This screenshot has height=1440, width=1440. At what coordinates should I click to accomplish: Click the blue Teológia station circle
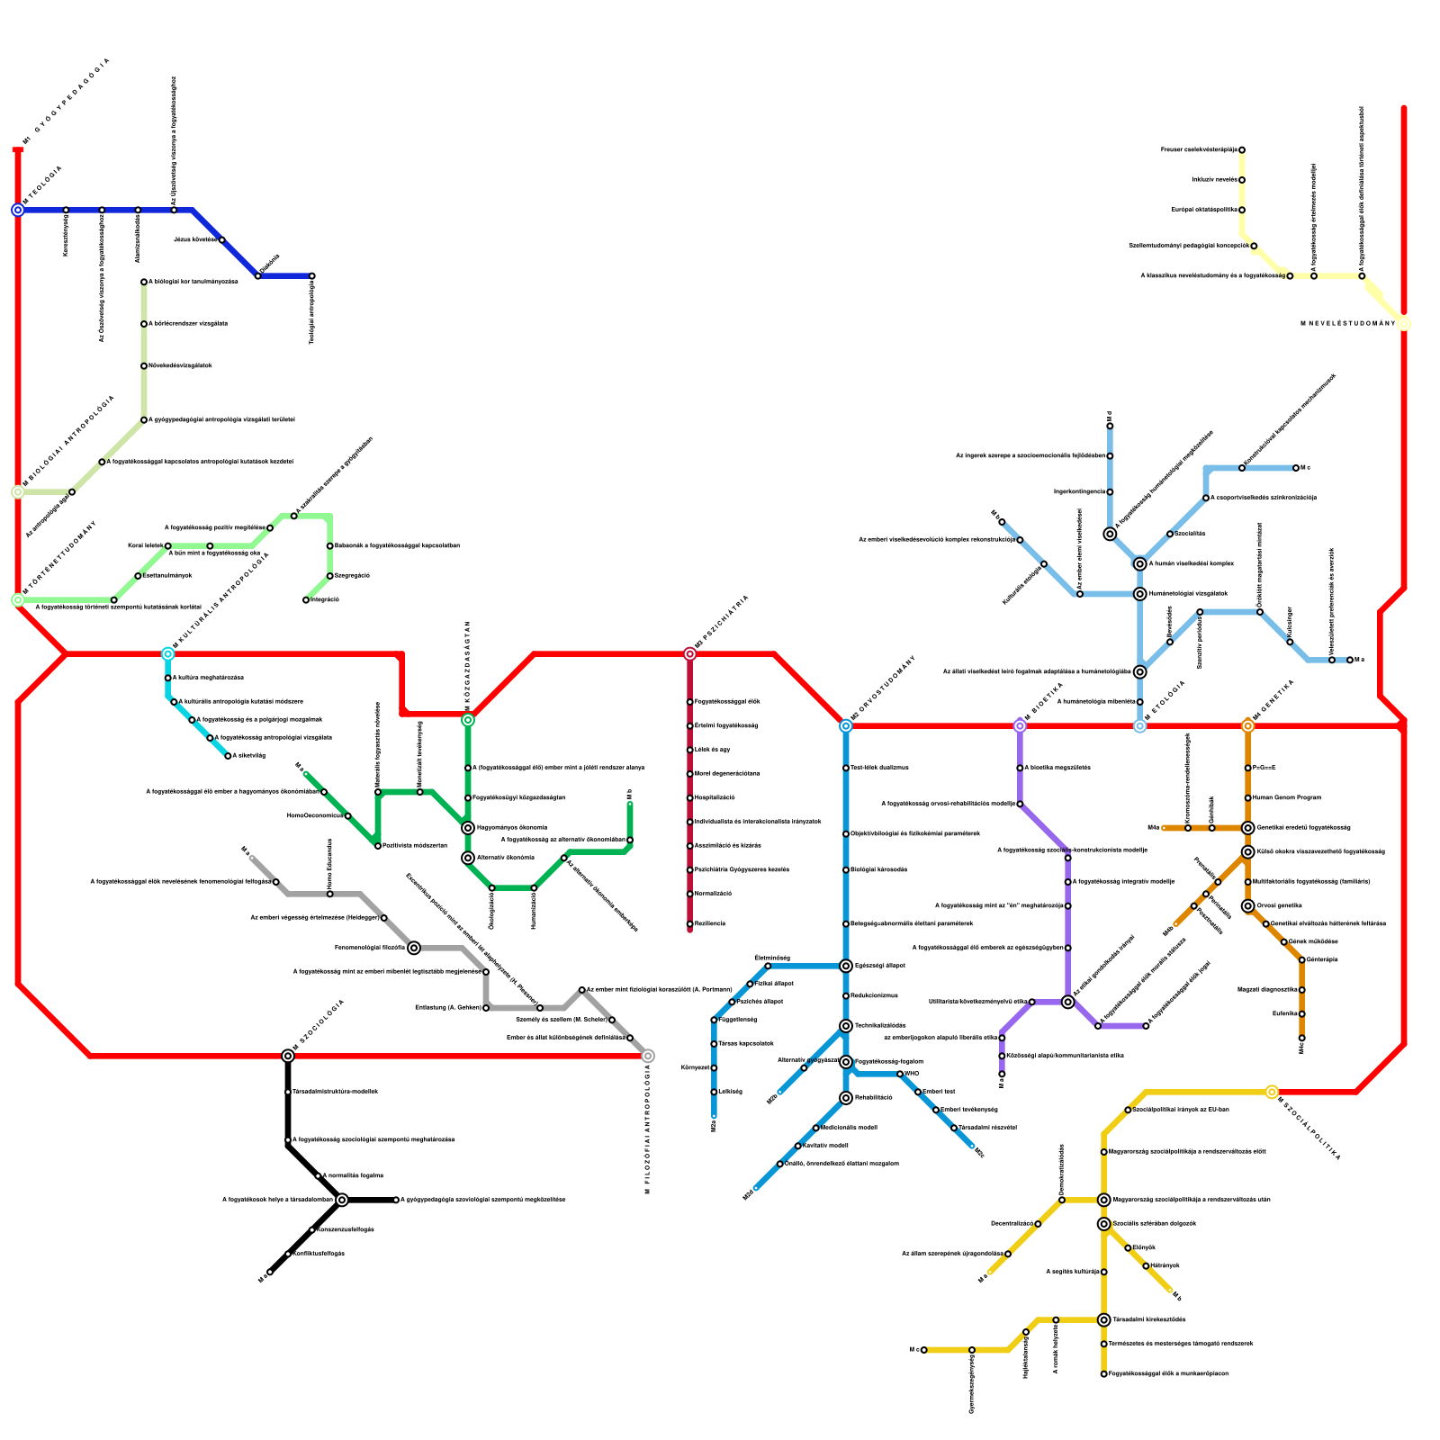pos(18,211)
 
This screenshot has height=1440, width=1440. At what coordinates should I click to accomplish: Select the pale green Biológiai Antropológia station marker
pos(18,492)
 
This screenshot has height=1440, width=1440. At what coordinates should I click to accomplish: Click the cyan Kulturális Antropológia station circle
pos(168,654)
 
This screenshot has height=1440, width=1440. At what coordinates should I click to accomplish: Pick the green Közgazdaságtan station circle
pos(468,720)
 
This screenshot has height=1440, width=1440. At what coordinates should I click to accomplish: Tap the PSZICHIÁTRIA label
pos(724,620)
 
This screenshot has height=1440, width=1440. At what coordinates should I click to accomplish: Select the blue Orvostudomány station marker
pos(846,726)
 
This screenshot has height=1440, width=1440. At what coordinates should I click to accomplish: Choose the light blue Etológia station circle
pos(1140,726)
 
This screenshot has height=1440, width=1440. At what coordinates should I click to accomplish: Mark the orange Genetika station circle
pos(1248,726)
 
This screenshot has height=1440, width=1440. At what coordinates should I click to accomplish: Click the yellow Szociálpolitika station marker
pos(1272,1093)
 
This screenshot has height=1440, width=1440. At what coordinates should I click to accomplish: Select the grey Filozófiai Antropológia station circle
pos(648,1057)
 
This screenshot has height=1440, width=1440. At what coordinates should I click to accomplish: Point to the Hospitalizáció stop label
pos(715,798)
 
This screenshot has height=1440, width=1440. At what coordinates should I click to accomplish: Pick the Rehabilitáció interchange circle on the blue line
pos(846,1098)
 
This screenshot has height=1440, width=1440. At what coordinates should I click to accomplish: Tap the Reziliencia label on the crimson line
pos(710,924)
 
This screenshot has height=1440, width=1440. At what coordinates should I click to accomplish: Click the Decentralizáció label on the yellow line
pos(1012,1224)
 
